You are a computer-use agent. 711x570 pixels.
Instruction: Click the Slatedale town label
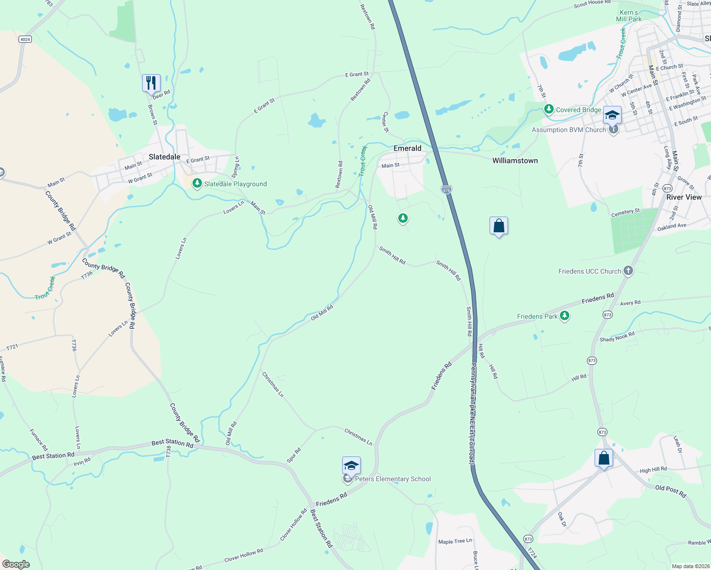tap(164, 157)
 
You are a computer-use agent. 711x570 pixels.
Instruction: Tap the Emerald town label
tap(407, 148)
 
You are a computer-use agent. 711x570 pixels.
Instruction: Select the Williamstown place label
tap(515, 161)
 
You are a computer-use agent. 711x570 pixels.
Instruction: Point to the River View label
tap(683, 197)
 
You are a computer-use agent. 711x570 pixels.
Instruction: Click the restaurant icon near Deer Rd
tap(151, 83)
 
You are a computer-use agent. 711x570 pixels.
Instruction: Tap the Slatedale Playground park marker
tap(197, 183)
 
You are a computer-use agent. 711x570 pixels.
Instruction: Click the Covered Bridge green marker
tap(549, 110)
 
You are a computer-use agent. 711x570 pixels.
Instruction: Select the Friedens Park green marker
tap(565, 316)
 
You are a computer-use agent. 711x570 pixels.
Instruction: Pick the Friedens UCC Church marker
tap(628, 271)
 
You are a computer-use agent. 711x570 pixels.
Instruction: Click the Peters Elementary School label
tap(393, 479)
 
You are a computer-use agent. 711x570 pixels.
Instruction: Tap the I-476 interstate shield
tap(446, 190)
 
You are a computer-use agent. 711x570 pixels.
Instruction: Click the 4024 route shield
tap(25, 39)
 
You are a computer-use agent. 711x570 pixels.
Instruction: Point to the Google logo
tap(16, 564)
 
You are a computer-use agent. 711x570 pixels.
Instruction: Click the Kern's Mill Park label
tap(629, 16)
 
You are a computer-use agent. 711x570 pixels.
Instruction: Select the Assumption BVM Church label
tap(569, 130)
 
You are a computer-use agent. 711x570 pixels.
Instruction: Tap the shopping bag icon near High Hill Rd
tap(604, 458)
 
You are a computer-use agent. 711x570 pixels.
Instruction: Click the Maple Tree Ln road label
tap(455, 541)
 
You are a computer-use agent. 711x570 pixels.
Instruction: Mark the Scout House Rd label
tap(592, 3)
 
